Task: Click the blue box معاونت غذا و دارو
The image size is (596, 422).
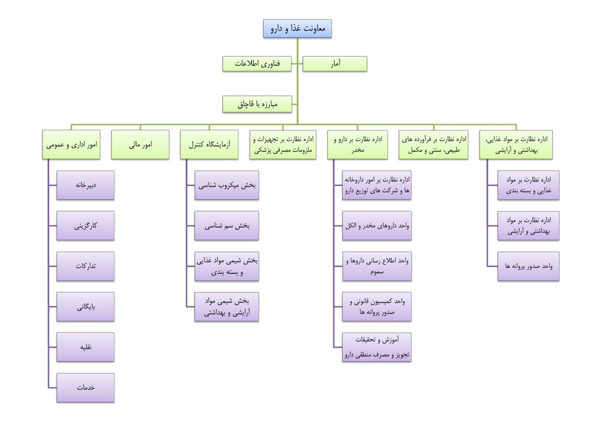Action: pyautogui.click(x=297, y=28)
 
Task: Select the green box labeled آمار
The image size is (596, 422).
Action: pyautogui.click(x=335, y=64)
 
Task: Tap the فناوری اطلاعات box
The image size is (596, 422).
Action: pyautogui.click(x=257, y=64)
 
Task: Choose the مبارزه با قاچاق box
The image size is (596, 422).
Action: pyautogui.click(x=257, y=104)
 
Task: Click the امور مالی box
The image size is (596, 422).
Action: pyautogui.click(x=140, y=144)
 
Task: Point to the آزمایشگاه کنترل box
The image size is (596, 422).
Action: pyautogui.click(x=209, y=144)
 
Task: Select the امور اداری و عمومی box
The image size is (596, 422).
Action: pyautogui.click(x=71, y=144)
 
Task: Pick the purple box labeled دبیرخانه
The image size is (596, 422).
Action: pyautogui.click(x=85, y=185)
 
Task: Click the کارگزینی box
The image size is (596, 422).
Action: pyautogui.click(x=85, y=225)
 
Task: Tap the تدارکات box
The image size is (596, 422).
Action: pyautogui.click(x=85, y=266)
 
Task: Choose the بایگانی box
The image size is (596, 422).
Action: pyautogui.click(x=85, y=307)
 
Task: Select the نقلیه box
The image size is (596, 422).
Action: pyautogui.click(x=85, y=347)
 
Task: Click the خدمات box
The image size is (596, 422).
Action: pyautogui.click(x=85, y=388)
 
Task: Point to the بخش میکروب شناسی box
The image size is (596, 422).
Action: pyautogui.click(x=227, y=185)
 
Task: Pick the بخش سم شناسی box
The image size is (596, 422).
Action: pyautogui.click(x=227, y=225)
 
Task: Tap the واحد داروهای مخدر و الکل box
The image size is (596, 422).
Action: pyautogui.click(x=377, y=225)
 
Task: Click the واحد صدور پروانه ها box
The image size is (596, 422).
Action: pyautogui.click(x=529, y=266)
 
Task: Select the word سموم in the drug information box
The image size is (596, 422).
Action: pyautogui.click(x=377, y=272)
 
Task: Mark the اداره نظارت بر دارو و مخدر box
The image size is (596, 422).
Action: pyautogui.click(x=357, y=144)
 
